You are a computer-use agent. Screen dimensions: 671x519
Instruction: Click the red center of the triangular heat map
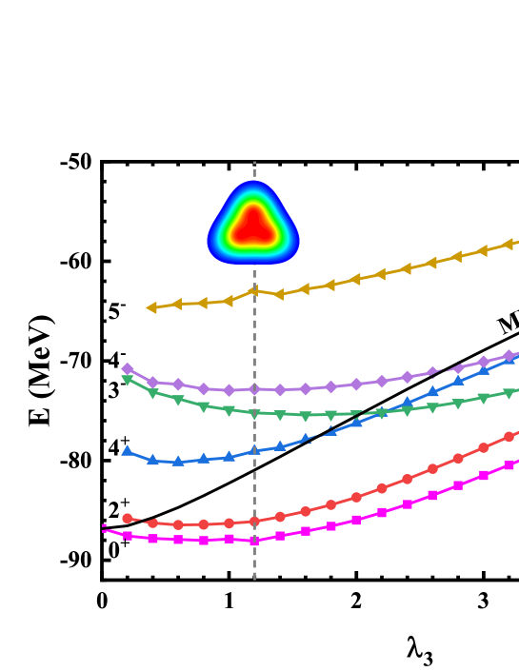pos(253,226)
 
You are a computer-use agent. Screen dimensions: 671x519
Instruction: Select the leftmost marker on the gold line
pos(151,307)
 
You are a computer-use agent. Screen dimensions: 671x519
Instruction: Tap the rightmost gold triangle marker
pos(509,244)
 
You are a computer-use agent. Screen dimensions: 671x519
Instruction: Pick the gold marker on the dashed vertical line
pos(254,291)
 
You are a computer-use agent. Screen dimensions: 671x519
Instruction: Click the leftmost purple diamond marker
pos(128,368)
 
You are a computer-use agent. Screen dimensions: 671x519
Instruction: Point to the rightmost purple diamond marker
pos(509,356)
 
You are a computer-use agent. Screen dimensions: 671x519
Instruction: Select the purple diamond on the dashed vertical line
pos(254,389)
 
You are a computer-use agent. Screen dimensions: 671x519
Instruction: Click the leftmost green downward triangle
pos(128,380)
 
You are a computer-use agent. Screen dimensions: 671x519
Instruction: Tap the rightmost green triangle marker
pos(509,393)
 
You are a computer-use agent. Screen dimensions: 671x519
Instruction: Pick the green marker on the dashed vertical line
pos(254,414)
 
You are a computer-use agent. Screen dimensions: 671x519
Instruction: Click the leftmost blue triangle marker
pos(128,451)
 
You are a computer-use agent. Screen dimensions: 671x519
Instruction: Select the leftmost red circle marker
pos(128,519)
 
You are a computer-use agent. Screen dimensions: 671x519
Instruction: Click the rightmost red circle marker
pos(509,437)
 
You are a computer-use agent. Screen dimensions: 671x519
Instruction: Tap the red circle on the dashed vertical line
pos(254,522)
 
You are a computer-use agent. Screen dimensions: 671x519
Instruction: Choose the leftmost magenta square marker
pos(128,536)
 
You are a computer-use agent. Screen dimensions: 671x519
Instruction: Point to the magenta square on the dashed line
pos(254,541)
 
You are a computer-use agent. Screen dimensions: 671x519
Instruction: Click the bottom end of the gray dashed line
pos(254,578)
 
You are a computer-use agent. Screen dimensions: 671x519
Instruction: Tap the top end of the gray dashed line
pos(254,163)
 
